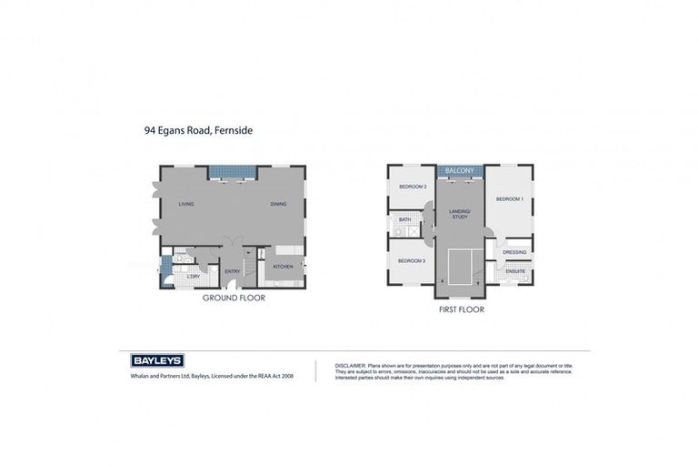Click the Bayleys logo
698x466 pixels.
(x=157, y=360)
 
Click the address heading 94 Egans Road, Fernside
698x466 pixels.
(x=198, y=130)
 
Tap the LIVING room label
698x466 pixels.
(x=186, y=204)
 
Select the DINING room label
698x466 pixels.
(x=278, y=204)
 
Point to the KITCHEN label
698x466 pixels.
(x=284, y=267)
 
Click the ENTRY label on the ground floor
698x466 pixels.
(x=232, y=271)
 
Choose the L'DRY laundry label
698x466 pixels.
(x=194, y=275)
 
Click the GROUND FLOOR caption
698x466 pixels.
(x=234, y=298)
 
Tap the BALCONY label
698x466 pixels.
(x=460, y=170)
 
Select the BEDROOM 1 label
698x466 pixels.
(x=509, y=198)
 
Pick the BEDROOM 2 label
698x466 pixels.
(x=413, y=187)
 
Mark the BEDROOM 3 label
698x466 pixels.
(x=412, y=261)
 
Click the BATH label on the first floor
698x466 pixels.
(x=404, y=219)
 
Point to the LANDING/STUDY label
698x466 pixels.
(x=459, y=214)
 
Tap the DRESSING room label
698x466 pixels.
(x=514, y=252)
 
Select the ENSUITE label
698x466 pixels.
(x=515, y=271)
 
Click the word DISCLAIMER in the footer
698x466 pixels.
(x=349, y=365)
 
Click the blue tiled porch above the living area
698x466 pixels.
(x=233, y=172)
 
